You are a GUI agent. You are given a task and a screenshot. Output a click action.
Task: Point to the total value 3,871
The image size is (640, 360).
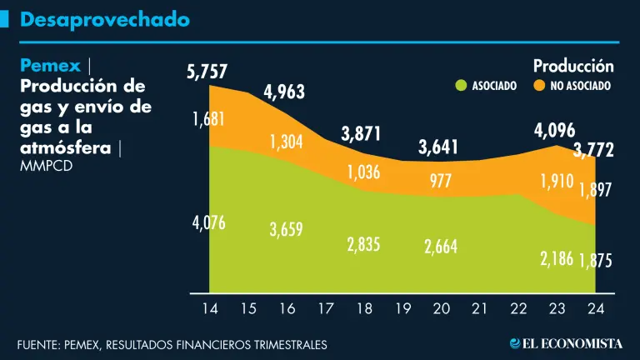tap(361, 133)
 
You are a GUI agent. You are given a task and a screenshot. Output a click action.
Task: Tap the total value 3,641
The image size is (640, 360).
tap(439, 147)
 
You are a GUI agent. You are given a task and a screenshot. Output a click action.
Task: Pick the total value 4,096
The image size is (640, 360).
tap(554, 131)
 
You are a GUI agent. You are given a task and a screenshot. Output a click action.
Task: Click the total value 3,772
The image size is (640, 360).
tap(593, 150)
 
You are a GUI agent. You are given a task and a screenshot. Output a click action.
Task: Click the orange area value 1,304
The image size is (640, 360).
tap(287, 141)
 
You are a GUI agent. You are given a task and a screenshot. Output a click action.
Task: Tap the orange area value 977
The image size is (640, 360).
tap(441, 181)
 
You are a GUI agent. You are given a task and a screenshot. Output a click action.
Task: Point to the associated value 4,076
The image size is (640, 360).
tap(208, 222)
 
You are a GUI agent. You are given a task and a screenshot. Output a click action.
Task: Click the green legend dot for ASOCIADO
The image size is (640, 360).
tap(460, 85)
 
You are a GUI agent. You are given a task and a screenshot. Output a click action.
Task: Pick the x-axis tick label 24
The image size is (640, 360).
tap(595, 308)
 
